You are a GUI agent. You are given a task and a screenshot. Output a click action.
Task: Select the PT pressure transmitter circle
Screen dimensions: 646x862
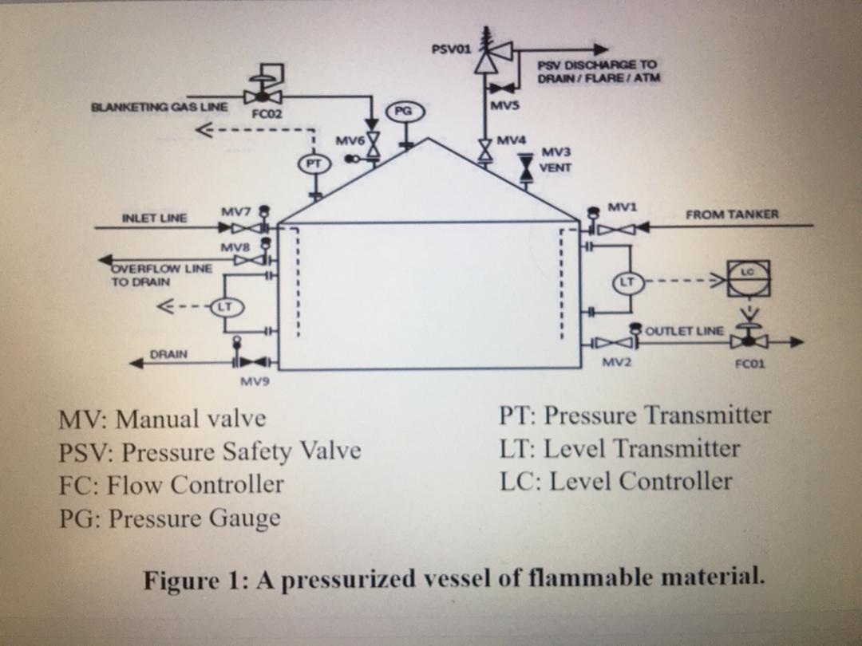313,164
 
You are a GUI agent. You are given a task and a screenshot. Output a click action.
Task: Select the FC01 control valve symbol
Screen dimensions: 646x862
749,341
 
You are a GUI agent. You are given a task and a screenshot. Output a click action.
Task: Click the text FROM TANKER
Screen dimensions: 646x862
731,214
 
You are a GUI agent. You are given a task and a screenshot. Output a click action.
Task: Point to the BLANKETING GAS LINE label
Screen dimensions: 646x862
159,106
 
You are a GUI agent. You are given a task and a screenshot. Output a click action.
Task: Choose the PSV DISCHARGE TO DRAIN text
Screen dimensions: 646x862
597,71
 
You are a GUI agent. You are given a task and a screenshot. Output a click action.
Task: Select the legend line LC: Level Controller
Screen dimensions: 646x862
615,481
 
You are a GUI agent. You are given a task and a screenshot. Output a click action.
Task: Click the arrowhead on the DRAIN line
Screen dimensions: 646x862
137,363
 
